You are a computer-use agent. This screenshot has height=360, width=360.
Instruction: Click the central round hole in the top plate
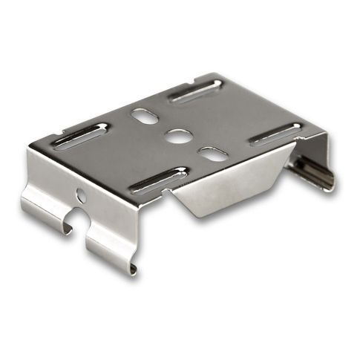177,136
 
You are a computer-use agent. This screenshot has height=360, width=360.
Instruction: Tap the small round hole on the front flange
81,197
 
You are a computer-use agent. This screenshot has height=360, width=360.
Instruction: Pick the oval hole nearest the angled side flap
213,154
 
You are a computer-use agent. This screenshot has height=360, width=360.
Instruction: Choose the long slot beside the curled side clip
275,134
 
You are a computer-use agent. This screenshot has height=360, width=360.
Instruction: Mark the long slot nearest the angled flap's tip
157,180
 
